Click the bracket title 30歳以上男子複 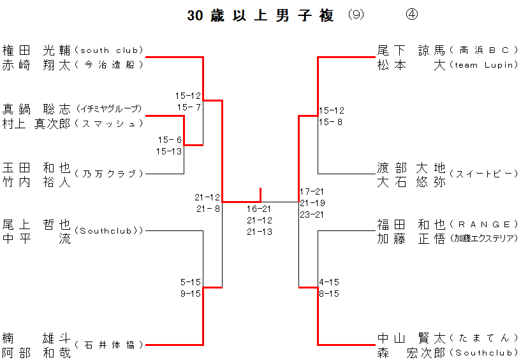coord(260,16)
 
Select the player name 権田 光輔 coord(36,50)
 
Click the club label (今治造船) coord(108,64)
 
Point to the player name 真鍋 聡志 coord(36,109)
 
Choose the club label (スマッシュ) coord(108,123)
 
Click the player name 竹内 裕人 coord(36,181)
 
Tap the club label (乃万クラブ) coord(108,174)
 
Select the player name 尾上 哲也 coord(36,224)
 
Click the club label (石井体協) coord(108,345)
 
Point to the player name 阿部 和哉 coord(36,353)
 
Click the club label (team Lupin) coord(483,64)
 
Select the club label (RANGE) coord(483,224)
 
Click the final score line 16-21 coord(260,209)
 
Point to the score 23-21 coord(312,214)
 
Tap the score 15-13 coord(169,151)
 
